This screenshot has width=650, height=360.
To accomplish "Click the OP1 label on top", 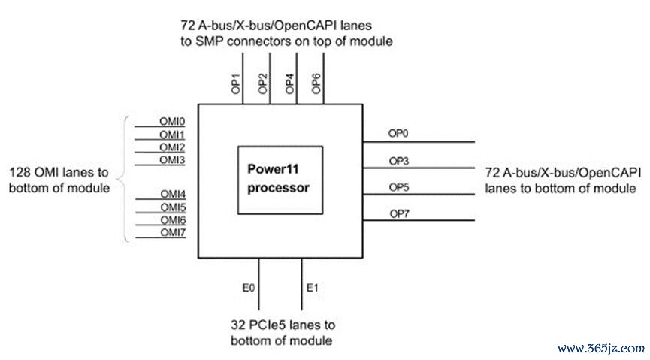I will pos(235,83).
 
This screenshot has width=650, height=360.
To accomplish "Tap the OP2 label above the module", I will pos(262,83).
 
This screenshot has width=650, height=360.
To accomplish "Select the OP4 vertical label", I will pos(289,83).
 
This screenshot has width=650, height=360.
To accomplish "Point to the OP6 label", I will pos(316,83).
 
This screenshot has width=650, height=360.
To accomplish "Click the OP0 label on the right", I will pos(399,133).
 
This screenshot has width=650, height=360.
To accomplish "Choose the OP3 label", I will pos(399,160).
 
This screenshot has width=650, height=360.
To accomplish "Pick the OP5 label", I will pos(399,187).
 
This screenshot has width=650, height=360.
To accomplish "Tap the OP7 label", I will pos(399,214).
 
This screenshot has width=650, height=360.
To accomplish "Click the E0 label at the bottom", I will pos(246,286).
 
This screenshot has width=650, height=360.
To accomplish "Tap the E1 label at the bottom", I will pos(313,286).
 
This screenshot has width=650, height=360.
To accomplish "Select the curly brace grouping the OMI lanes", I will pos(126,179).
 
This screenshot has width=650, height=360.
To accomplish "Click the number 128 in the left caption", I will pos(20,172).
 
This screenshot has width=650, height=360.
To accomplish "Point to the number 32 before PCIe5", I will pos(237,326).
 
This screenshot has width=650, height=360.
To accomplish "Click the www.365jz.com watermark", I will pos(600,349).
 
